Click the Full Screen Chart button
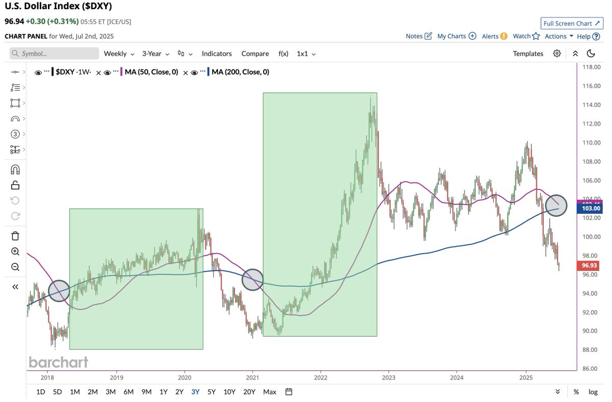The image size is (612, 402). point(572,23)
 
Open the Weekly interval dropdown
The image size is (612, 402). point(119,54)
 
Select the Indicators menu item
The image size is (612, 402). point(217,54)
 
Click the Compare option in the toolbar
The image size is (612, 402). point(255,54)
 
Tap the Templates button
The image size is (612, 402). point(528,54)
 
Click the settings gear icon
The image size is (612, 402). point(557,53)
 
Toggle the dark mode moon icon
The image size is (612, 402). point(591,53)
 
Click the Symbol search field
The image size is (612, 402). point(54,53)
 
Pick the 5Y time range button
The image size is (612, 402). point(212,392)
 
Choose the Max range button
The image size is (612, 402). point(270,392)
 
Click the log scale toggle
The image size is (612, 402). point(593,392)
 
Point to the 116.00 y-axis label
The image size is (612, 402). point(592,86)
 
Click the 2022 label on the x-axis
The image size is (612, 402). point(320,378)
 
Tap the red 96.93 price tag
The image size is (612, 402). point(589,265)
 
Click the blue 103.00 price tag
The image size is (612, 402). point(590,209)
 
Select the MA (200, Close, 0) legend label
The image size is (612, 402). point(240,72)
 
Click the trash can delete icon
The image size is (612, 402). point(15,236)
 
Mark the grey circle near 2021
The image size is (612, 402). point(252,280)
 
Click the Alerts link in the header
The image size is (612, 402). point(495,36)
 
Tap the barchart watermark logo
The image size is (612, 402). point(59,362)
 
